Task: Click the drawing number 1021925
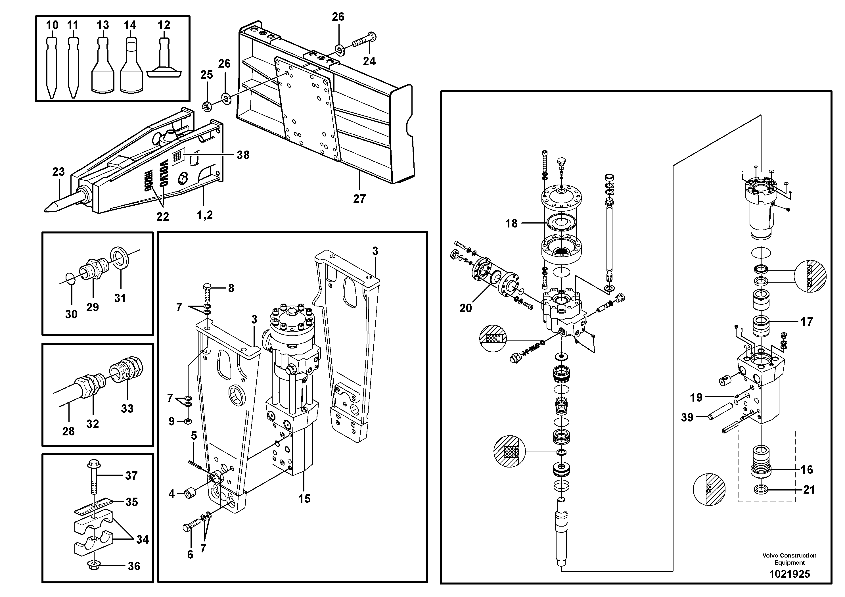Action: tap(789, 574)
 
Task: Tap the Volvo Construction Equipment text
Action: tap(789, 559)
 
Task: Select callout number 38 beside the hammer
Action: tap(243, 155)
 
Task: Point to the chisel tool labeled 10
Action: tap(52, 66)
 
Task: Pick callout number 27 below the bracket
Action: tap(359, 199)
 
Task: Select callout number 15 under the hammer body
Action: tap(304, 499)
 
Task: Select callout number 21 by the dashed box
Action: tap(809, 490)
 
